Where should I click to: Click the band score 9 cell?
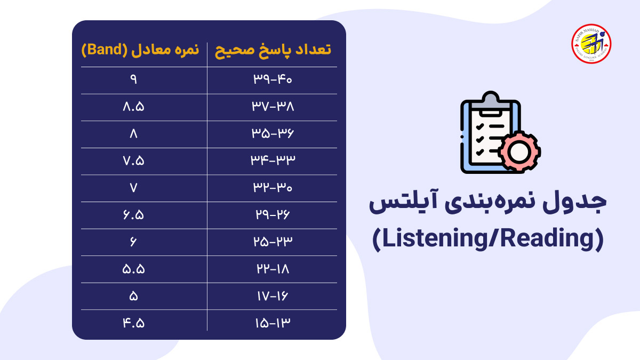coord(133,80)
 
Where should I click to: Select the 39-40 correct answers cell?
coord(273,80)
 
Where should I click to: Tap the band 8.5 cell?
coord(133,107)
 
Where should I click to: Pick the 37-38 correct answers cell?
coord(273,107)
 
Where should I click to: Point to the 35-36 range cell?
coord(273,134)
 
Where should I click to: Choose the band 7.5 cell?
coord(133,161)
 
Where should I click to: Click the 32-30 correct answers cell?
coord(273,188)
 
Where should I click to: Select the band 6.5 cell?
coord(133,215)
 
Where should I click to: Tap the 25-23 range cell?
coord(273,242)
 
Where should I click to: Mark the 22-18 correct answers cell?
coord(273,269)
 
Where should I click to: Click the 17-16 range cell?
coord(273,296)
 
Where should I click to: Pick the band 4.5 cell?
coord(133,323)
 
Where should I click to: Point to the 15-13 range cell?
coord(273,323)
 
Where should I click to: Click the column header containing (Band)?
coord(140,51)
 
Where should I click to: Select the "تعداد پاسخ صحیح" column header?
coord(273,51)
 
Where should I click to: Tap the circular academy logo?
coord(591,44)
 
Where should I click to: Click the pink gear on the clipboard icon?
coord(519,151)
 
